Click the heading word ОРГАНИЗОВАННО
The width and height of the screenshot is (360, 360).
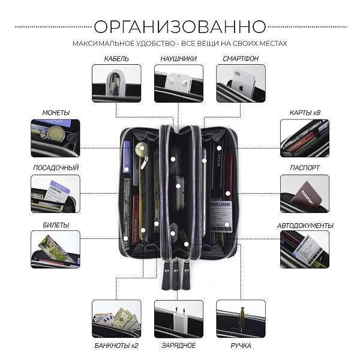[x=180, y=26]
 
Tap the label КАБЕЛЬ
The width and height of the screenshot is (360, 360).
[x=116, y=59]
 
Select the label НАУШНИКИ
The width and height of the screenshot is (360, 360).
[x=179, y=59]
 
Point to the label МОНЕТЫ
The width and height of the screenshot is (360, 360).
[x=55, y=112]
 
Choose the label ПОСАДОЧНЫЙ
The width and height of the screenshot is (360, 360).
[x=55, y=168]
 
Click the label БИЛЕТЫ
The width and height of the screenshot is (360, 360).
[x=55, y=225]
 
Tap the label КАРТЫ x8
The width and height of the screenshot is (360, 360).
[x=304, y=112]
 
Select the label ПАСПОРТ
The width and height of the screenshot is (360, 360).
[x=304, y=168]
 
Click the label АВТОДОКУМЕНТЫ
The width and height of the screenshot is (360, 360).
[x=305, y=225]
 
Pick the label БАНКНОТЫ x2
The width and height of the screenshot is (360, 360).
[x=116, y=346]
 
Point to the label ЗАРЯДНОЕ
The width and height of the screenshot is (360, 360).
[x=179, y=346]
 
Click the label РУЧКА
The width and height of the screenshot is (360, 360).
[x=241, y=346]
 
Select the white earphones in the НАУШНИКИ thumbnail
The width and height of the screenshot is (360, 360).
[x=177, y=80]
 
